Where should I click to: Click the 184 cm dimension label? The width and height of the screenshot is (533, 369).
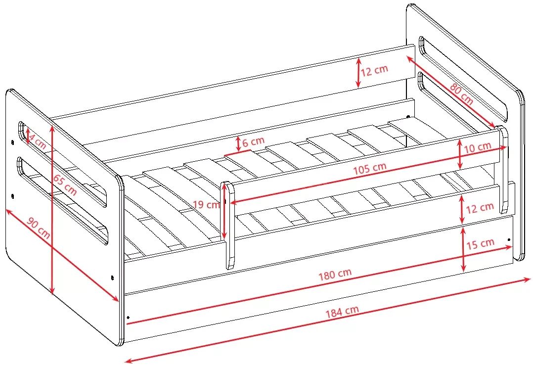(x=342, y=311)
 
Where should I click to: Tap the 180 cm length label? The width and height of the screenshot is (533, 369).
(x=335, y=274)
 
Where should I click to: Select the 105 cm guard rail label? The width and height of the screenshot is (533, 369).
(x=369, y=168)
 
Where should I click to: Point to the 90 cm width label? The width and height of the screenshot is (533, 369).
(x=39, y=228)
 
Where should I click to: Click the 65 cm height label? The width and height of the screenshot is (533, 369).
(x=65, y=184)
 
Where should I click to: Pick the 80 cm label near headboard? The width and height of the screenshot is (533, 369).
(x=461, y=93)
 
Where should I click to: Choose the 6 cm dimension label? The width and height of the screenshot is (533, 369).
(x=253, y=141)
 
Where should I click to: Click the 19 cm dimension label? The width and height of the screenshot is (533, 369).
(x=206, y=204)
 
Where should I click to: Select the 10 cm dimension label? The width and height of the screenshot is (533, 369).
(x=478, y=147)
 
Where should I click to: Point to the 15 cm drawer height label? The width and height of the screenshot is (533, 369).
(x=480, y=244)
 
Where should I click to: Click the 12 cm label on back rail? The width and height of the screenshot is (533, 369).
(x=374, y=71)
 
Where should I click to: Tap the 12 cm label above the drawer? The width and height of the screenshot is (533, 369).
(x=480, y=207)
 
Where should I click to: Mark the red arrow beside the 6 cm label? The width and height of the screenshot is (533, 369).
(x=238, y=144)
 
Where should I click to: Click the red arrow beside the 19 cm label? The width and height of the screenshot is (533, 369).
(x=224, y=211)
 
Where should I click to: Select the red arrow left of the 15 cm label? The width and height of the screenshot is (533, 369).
(x=463, y=250)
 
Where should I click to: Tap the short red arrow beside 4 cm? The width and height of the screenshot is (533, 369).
(x=28, y=136)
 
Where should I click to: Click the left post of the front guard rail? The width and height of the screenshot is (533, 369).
(x=228, y=225)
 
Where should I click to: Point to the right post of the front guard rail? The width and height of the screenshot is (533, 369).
(x=503, y=169)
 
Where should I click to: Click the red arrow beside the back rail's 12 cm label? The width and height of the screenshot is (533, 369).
(x=358, y=72)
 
